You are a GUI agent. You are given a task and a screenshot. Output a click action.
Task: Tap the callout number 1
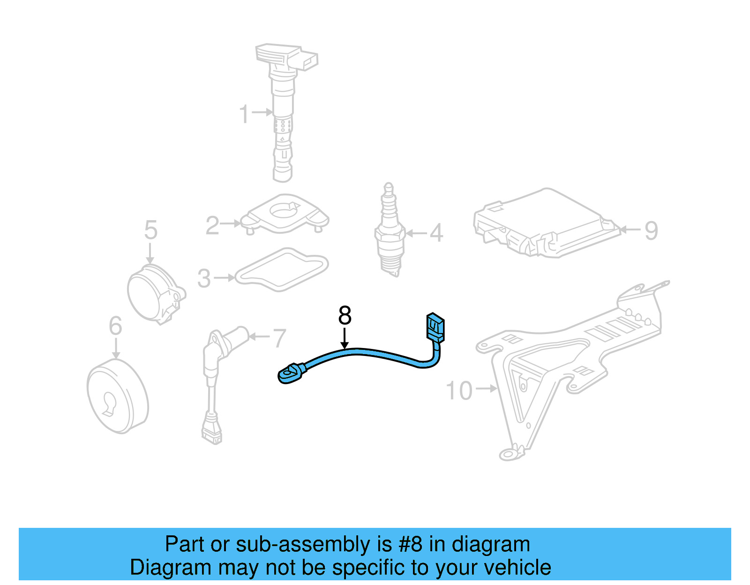pyautogui.click(x=244, y=114)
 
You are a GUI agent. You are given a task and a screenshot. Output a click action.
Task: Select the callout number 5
pyautogui.click(x=150, y=230)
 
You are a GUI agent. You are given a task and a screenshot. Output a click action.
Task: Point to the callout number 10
pyautogui.click(x=459, y=390)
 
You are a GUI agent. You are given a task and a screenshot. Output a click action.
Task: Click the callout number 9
pyautogui.click(x=651, y=230)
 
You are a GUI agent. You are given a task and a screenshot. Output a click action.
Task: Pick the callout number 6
pyautogui.click(x=115, y=326)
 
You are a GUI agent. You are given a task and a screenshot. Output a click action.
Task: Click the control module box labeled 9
pyautogui.click(x=546, y=224)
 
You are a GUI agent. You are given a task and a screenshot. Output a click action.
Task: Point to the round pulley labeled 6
pyautogui.click(x=117, y=397)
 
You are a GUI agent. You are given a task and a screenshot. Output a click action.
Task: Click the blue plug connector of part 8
pyautogui.click(x=435, y=326)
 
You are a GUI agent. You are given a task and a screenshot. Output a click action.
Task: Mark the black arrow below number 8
pyautogui.click(x=345, y=339)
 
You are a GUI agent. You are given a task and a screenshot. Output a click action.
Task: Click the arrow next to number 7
pyautogui.click(x=258, y=336)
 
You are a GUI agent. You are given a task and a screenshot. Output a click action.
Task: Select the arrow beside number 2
pyautogui.click(x=231, y=224)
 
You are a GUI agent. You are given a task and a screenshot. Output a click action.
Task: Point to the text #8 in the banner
pyautogui.click(x=410, y=544)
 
